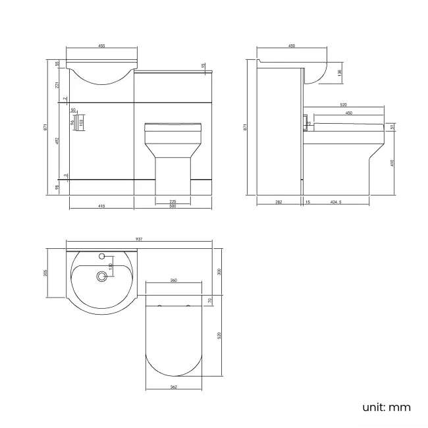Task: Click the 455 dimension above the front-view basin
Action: coord(102,46)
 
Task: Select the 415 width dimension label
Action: coord(101,206)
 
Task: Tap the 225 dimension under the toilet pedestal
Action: coord(173,201)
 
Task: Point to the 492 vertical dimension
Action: coord(57,140)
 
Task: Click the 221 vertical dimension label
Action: coord(57,84)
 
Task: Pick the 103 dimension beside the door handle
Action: coord(81,121)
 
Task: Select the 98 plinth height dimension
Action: coord(57,187)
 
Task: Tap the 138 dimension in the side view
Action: coord(340,73)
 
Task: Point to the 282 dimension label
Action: coord(279,202)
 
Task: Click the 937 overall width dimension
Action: coord(139,238)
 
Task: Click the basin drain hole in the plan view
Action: coord(101,277)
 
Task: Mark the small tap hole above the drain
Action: coord(102,255)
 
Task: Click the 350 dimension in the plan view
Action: coord(220,272)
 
